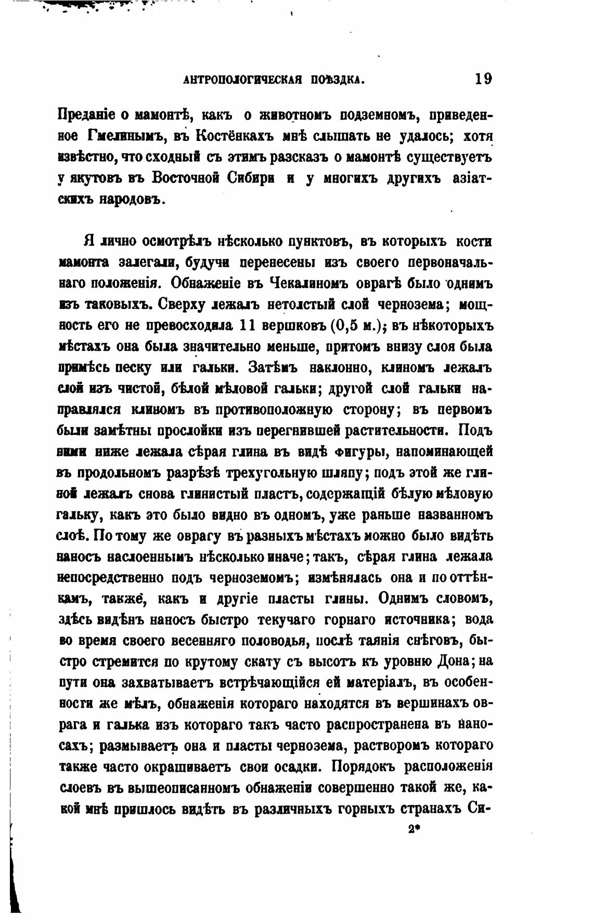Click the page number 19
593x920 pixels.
click(483, 80)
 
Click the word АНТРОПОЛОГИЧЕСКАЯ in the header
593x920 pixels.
click(243, 81)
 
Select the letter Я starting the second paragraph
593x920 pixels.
click(88, 242)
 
